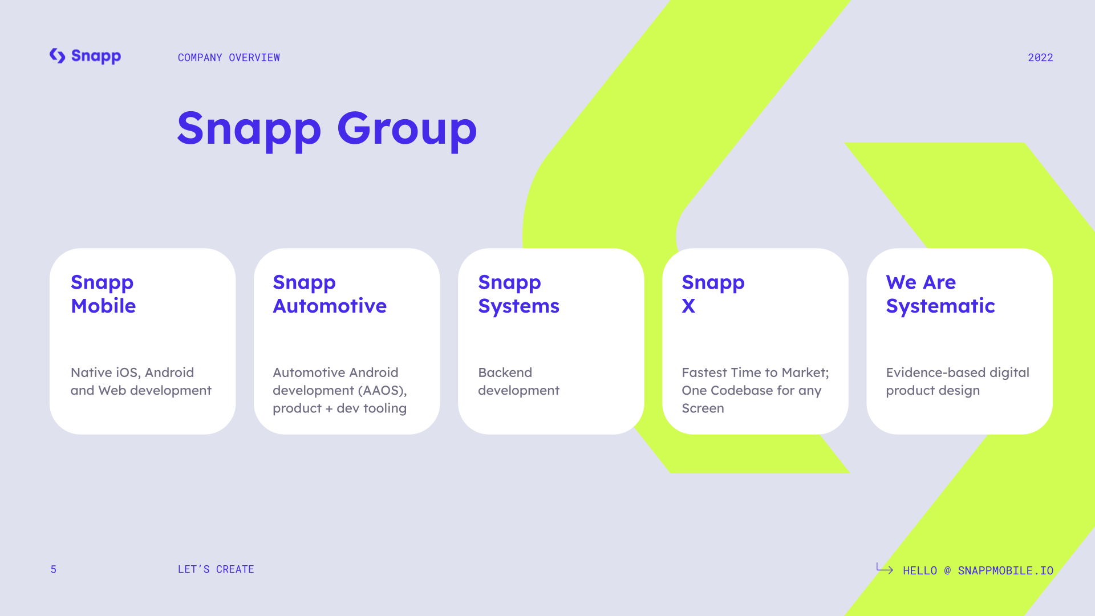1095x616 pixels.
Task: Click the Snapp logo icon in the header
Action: (57, 56)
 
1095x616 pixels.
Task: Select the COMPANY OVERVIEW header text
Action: (229, 58)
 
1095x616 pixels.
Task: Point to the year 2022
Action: (1040, 58)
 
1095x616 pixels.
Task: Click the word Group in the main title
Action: (407, 129)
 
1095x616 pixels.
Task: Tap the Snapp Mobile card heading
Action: (103, 294)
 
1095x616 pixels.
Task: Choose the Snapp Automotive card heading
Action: (330, 294)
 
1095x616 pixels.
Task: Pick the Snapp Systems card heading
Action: (518, 294)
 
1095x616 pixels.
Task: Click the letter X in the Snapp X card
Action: (688, 306)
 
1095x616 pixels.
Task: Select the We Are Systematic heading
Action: (940, 294)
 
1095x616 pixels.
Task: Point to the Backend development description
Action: (518, 382)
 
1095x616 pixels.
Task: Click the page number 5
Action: (54, 569)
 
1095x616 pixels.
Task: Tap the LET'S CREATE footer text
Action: (216, 569)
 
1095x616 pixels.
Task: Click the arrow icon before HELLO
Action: (885, 568)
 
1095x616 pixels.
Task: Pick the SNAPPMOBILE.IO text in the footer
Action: (1005, 570)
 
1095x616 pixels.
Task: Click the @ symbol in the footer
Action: (947, 570)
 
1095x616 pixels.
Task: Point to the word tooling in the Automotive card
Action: (385, 409)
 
